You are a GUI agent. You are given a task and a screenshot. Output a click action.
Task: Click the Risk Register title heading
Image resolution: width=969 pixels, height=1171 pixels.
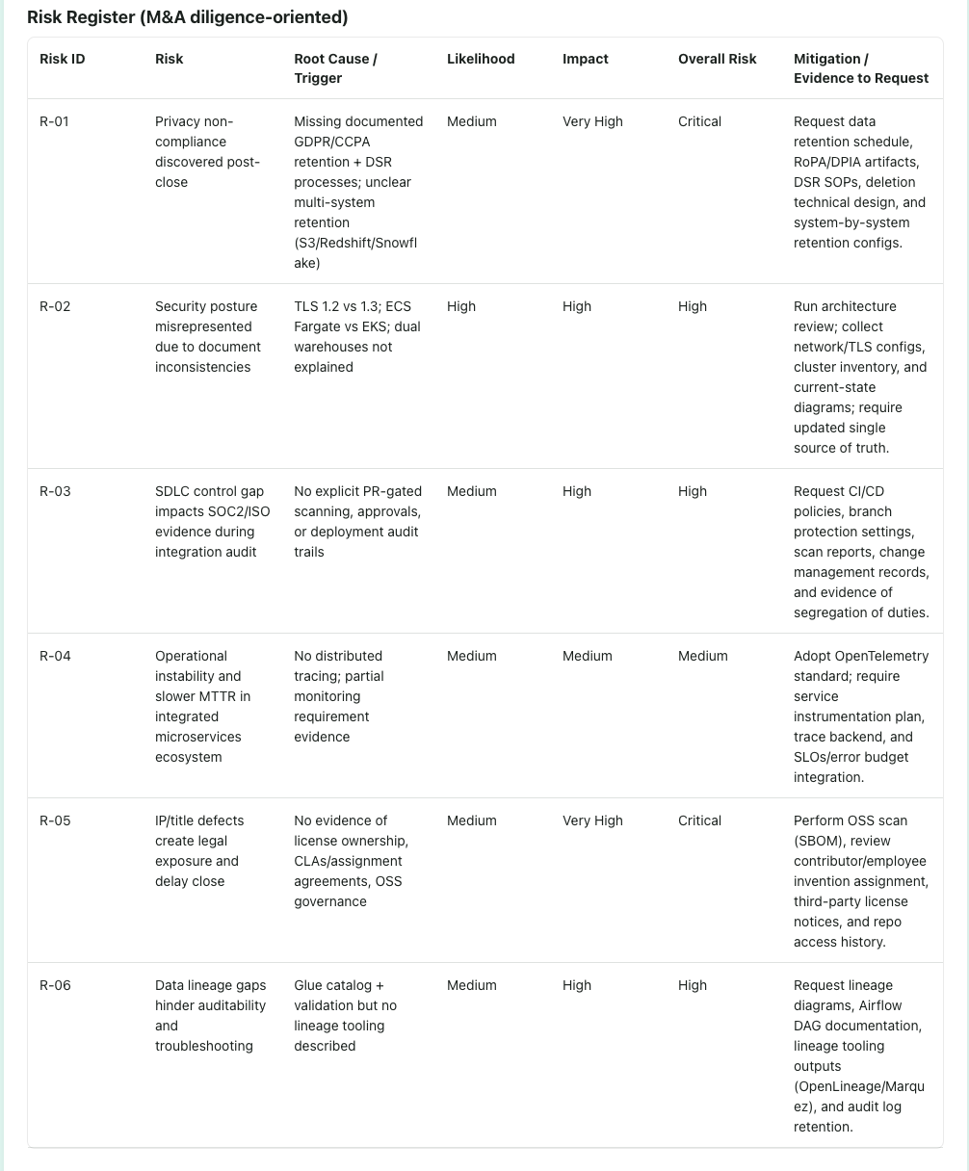tap(187, 17)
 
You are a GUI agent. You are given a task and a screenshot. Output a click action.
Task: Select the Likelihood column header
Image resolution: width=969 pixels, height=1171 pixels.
tap(481, 59)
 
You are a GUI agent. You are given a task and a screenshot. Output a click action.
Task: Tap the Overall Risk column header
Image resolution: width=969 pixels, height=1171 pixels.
tap(717, 59)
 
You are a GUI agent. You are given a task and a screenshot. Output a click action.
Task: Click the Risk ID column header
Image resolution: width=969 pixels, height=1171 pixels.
tap(62, 59)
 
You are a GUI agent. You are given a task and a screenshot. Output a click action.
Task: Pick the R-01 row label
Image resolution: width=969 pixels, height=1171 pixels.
tap(54, 121)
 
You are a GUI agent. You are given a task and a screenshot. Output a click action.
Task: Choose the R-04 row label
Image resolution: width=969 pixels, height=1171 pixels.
tap(55, 656)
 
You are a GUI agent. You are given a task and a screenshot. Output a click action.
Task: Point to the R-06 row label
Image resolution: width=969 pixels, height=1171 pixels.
tap(55, 985)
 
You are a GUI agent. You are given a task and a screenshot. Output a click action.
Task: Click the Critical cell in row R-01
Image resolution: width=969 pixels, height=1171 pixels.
tap(699, 121)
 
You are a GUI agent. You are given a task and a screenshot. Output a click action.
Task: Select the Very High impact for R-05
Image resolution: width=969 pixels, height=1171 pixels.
tap(592, 820)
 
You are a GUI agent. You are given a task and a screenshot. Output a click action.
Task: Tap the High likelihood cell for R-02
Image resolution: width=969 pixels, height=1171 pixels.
tap(461, 306)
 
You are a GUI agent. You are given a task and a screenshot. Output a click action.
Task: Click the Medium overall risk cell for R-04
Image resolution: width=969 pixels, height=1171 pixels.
tap(702, 656)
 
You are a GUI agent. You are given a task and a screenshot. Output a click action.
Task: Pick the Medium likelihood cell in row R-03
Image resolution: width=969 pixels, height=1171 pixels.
tap(471, 491)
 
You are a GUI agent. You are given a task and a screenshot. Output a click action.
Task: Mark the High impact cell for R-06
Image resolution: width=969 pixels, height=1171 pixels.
tap(577, 985)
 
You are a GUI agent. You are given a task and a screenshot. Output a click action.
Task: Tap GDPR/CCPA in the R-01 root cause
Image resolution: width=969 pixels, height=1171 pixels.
tap(331, 142)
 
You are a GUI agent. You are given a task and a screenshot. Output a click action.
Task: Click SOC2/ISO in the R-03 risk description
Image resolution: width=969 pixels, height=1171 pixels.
tap(240, 511)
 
